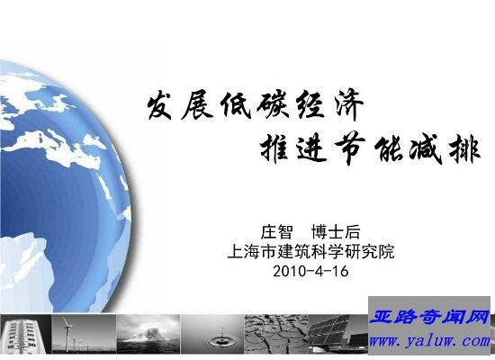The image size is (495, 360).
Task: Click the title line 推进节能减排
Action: click(370, 149)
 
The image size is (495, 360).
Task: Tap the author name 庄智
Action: click(276, 232)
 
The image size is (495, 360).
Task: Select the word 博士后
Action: click(336, 232)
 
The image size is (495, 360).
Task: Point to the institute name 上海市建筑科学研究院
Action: click(311, 252)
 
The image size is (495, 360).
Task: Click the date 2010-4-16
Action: click(310, 271)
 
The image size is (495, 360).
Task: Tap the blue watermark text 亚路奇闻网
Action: click(429, 317)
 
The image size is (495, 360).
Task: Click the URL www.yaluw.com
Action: click(429, 341)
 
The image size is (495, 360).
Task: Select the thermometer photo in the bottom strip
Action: click(25, 334)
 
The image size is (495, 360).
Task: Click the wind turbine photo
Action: click(84, 334)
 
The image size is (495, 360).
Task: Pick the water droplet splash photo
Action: click(212, 334)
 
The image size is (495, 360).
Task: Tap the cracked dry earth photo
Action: click(276, 334)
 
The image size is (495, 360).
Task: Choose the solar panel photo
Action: click(338, 334)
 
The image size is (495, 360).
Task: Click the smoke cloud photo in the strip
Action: click(148, 334)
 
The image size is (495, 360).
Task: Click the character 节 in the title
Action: click(350, 148)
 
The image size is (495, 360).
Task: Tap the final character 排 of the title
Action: click(464, 149)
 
